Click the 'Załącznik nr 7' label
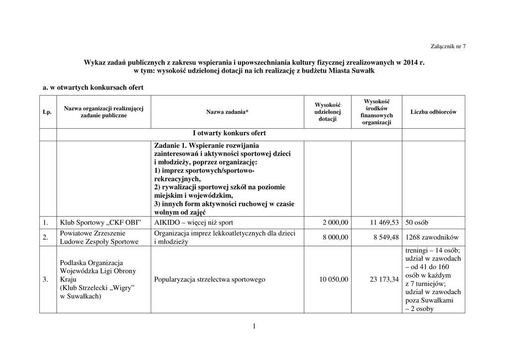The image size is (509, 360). click(x=448, y=46)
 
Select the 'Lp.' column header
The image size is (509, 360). click(x=48, y=112)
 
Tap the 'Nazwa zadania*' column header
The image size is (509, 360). click(x=227, y=112)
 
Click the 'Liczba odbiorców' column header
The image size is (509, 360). click(x=433, y=112)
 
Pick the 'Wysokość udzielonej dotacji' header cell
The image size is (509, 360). click(x=328, y=112)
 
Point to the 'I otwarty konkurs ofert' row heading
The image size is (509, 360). click(x=229, y=133)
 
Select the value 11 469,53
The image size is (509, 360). click(x=384, y=222)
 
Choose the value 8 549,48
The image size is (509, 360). click(x=386, y=238)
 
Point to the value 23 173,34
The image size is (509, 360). click(x=384, y=280)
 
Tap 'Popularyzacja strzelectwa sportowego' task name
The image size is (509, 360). click(x=210, y=279)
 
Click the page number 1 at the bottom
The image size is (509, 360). click(x=254, y=326)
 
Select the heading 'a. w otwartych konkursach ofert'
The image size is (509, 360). click(x=93, y=88)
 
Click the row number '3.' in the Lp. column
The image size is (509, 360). click(x=45, y=279)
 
